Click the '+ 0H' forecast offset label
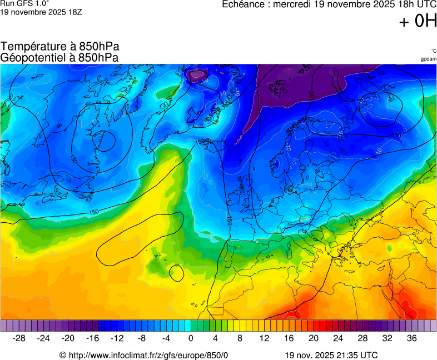(418, 22)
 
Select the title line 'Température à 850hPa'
(60, 47)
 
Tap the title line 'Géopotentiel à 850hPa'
(59, 57)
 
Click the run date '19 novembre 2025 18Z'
(41, 12)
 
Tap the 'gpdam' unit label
(428, 58)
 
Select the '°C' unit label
(433, 51)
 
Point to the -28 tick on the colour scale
(19, 338)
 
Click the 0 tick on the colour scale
(191, 338)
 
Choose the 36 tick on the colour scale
(411, 338)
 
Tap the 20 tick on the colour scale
(314, 338)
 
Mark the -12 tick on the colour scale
(117, 338)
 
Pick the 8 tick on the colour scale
(240, 338)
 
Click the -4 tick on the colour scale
(166, 338)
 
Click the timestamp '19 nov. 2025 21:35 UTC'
(331, 355)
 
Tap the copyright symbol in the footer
(63, 355)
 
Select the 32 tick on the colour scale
(387, 338)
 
